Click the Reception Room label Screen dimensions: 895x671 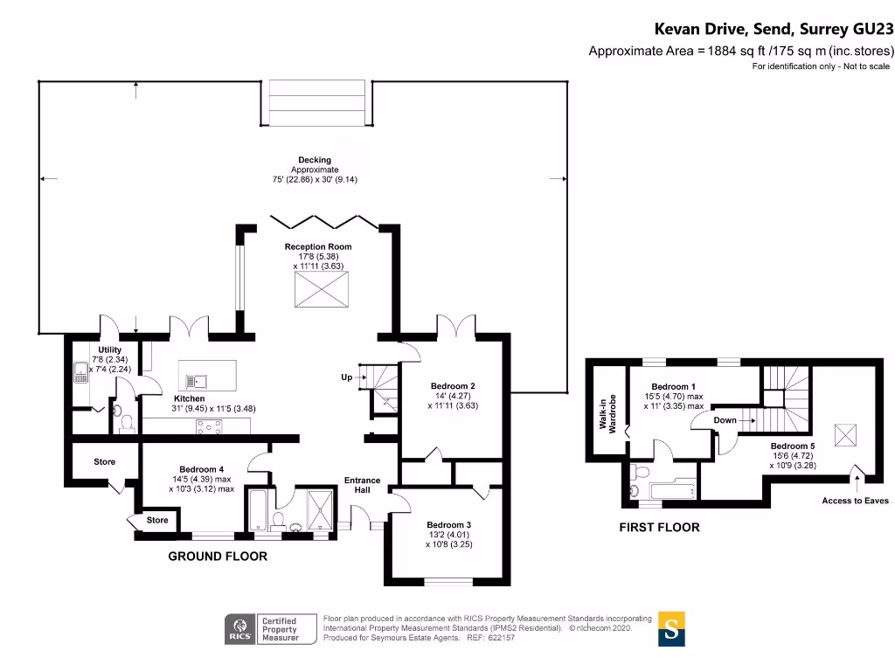(x=318, y=246)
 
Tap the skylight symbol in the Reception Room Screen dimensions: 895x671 (x=322, y=290)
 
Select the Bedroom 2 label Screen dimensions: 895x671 (x=453, y=386)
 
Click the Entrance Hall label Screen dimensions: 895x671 (x=362, y=485)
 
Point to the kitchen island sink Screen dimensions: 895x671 (x=196, y=381)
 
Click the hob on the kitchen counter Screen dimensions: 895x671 (x=209, y=426)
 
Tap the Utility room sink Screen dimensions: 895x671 (x=81, y=372)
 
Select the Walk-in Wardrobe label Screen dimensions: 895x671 (x=607, y=413)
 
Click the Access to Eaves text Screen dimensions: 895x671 (x=855, y=501)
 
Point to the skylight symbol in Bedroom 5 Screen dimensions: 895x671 (x=845, y=435)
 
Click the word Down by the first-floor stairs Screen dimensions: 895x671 (x=725, y=420)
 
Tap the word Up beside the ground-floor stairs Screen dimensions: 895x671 (x=346, y=377)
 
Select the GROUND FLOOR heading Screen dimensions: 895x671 (x=218, y=557)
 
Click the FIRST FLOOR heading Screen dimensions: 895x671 (x=659, y=527)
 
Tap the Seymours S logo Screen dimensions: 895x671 (x=671, y=629)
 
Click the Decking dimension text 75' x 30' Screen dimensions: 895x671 (x=315, y=179)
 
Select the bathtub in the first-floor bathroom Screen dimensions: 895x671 (x=673, y=490)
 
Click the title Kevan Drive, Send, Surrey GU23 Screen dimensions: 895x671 (x=774, y=29)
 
